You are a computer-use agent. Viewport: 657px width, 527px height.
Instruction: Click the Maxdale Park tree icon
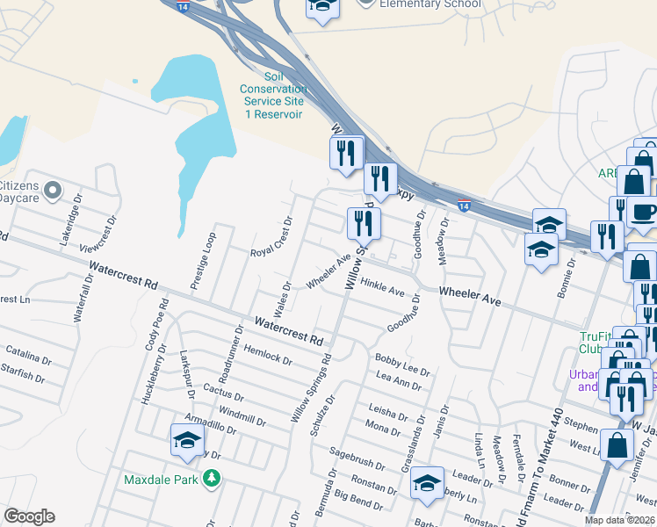[x=211, y=478]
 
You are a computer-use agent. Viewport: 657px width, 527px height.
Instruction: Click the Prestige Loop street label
[x=199, y=260]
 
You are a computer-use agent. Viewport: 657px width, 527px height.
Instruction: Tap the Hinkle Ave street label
[x=382, y=286]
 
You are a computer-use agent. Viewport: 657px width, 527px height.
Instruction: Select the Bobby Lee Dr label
[x=402, y=365]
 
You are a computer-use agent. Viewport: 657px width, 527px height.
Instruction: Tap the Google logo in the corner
[x=30, y=516]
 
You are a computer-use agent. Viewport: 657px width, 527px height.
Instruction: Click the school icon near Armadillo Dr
[x=187, y=440]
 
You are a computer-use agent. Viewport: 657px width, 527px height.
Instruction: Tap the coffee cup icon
[x=643, y=213]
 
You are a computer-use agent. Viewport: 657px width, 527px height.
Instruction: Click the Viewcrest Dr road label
[x=97, y=236]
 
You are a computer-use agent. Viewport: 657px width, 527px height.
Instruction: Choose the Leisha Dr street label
[x=390, y=412]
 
